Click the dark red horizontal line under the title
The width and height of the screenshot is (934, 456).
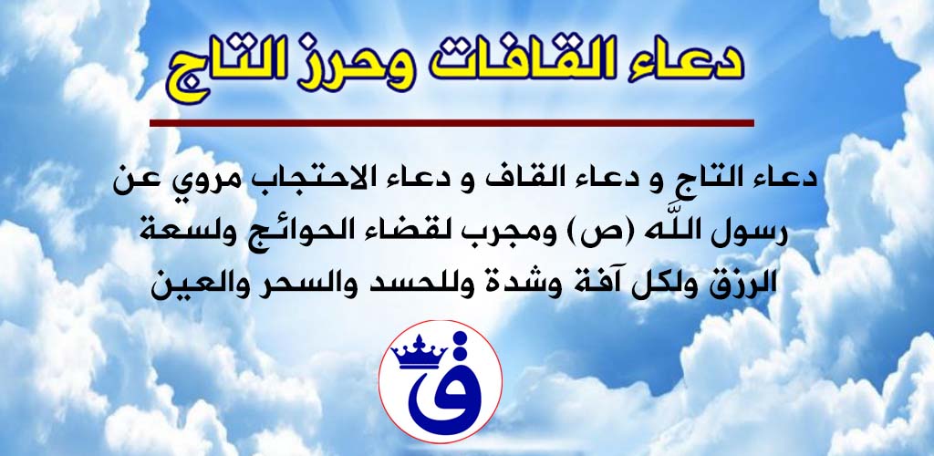point(451,123)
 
